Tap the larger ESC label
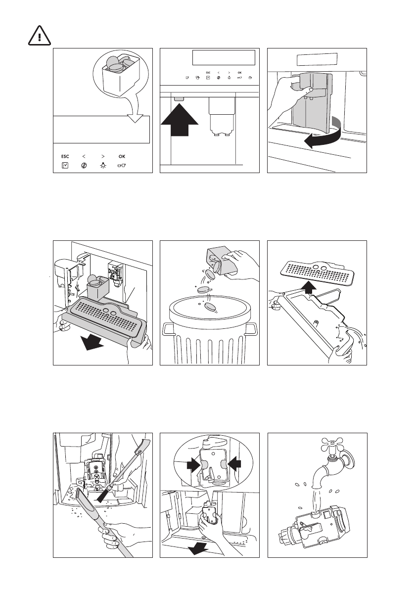65,156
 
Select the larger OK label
122,156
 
